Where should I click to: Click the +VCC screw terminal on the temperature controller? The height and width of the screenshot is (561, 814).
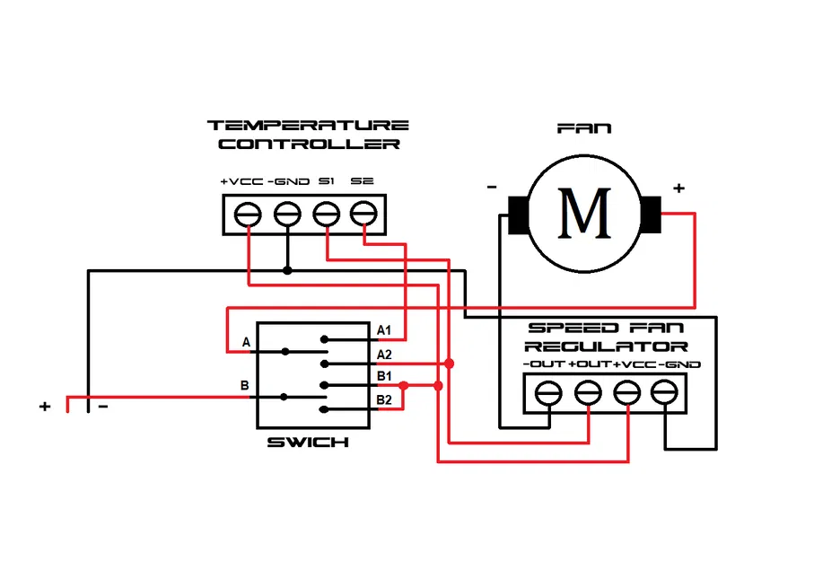248,215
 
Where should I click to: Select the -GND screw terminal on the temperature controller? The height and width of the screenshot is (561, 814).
286,215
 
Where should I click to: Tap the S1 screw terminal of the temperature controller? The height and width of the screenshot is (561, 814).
326,215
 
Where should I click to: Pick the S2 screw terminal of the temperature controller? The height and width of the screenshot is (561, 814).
363,215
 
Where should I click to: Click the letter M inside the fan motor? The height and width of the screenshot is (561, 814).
584,213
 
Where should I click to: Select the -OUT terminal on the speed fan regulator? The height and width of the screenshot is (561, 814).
548,392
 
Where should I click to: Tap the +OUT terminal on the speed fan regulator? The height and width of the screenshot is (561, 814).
587,392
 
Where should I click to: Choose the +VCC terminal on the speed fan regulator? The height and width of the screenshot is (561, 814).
626,392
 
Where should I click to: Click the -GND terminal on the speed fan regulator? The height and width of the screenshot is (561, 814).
663,392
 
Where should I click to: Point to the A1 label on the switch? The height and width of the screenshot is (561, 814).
384,330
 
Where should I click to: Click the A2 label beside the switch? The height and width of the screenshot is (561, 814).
384,354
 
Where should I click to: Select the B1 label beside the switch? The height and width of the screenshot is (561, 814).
384,375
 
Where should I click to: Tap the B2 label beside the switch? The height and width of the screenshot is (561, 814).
384,399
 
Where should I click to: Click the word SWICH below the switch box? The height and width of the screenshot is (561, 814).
308,443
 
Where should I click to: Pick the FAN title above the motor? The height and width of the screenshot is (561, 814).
584,128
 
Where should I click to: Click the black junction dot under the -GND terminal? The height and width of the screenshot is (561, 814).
286,270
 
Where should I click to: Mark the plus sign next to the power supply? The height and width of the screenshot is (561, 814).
45,406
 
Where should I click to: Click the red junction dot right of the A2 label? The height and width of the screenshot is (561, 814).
449,364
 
